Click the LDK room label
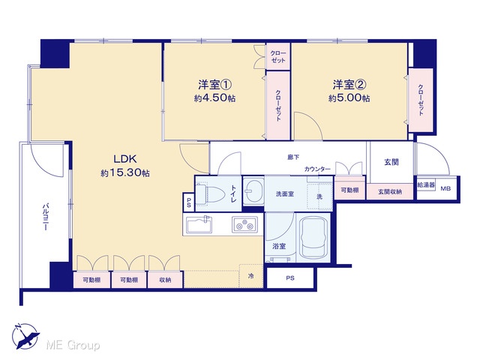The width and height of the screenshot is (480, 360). coord(125,159)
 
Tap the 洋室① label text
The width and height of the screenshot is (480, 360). coord(214,84)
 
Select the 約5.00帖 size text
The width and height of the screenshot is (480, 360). coord(349,98)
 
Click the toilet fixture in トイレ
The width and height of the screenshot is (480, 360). coord(205,193)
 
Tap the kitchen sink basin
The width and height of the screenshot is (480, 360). coord(199,225)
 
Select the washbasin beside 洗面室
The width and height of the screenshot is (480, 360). coord(253,191)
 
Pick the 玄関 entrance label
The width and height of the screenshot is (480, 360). coord(391,162)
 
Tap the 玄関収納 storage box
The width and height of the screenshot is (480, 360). coord(390,192)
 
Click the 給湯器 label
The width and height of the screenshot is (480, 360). coord(426,185)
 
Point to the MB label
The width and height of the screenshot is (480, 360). coord(445,188)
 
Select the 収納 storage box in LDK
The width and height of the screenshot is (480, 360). coord(165,280)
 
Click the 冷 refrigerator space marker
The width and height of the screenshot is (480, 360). coord(251,276)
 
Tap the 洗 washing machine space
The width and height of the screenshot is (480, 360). coord(319,196)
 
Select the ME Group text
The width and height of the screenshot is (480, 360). coord(73,346)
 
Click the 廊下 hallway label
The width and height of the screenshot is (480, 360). coord(293,157)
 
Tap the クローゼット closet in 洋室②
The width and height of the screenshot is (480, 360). coord(421,100)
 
